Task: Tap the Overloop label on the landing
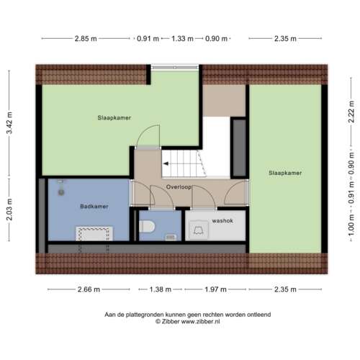pyautogui.click(x=176, y=186)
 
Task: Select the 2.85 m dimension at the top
pyautogui.click(x=85, y=39)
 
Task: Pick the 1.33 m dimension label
pyautogui.click(x=182, y=39)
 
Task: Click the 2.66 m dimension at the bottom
pyautogui.click(x=90, y=289)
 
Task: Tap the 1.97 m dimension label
pyautogui.click(x=214, y=289)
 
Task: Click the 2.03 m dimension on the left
pyautogui.click(x=9, y=210)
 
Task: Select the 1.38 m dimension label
pyautogui.click(x=160, y=289)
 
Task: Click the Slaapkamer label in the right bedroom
pyautogui.click(x=284, y=173)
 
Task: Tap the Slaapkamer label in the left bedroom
pyautogui.click(x=114, y=117)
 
